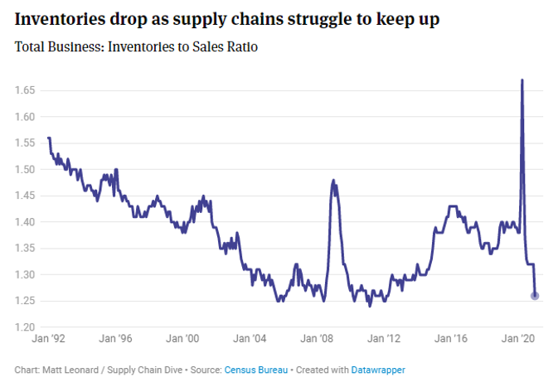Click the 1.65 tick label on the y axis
[25, 90]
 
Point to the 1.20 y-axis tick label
[25, 327]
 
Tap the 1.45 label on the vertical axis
[25, 196]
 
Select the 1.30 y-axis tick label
[25, 274]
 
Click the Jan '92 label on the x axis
[48, 338]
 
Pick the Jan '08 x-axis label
[317, 338]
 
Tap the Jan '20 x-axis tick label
[518, 338]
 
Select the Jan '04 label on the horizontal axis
[250, 338]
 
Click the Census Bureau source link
[256, 370]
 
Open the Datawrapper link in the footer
[378, 370]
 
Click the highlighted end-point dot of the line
[535, 296]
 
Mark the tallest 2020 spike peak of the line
[522, 80]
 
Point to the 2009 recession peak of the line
[333, 181]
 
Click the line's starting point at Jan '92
[48, 138]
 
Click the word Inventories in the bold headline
[60, 19]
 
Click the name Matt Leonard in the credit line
[70, 370]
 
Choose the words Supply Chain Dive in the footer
[145, 370]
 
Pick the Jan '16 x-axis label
[451, 338]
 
